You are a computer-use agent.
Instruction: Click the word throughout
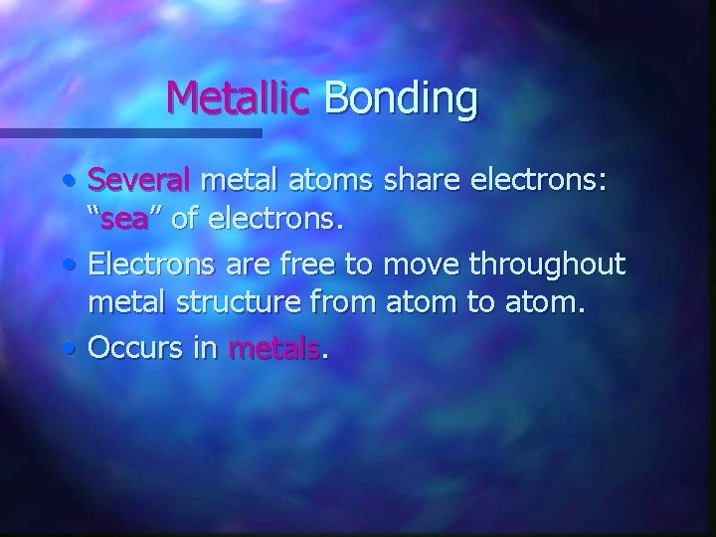pyautogui.click(x=552, y=266)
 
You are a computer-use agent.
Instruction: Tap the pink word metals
pyautogui.click(x=276, y=348)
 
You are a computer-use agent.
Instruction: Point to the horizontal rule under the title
pyautogui.click(x=129, y=132)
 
